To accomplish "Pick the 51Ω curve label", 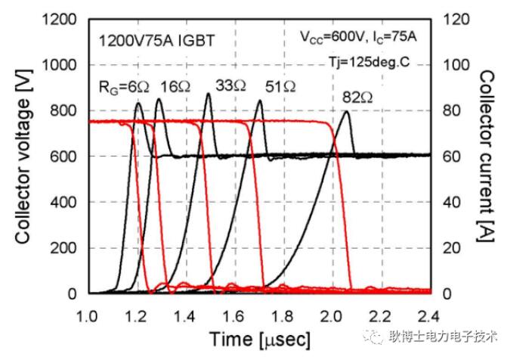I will [280, 88].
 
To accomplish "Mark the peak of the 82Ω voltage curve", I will [346, 112].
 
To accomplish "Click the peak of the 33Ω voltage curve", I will [209, 94].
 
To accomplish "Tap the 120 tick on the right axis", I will [452, 20].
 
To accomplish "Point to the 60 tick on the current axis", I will [449, 157].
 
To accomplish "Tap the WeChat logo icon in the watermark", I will [378, 337].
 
